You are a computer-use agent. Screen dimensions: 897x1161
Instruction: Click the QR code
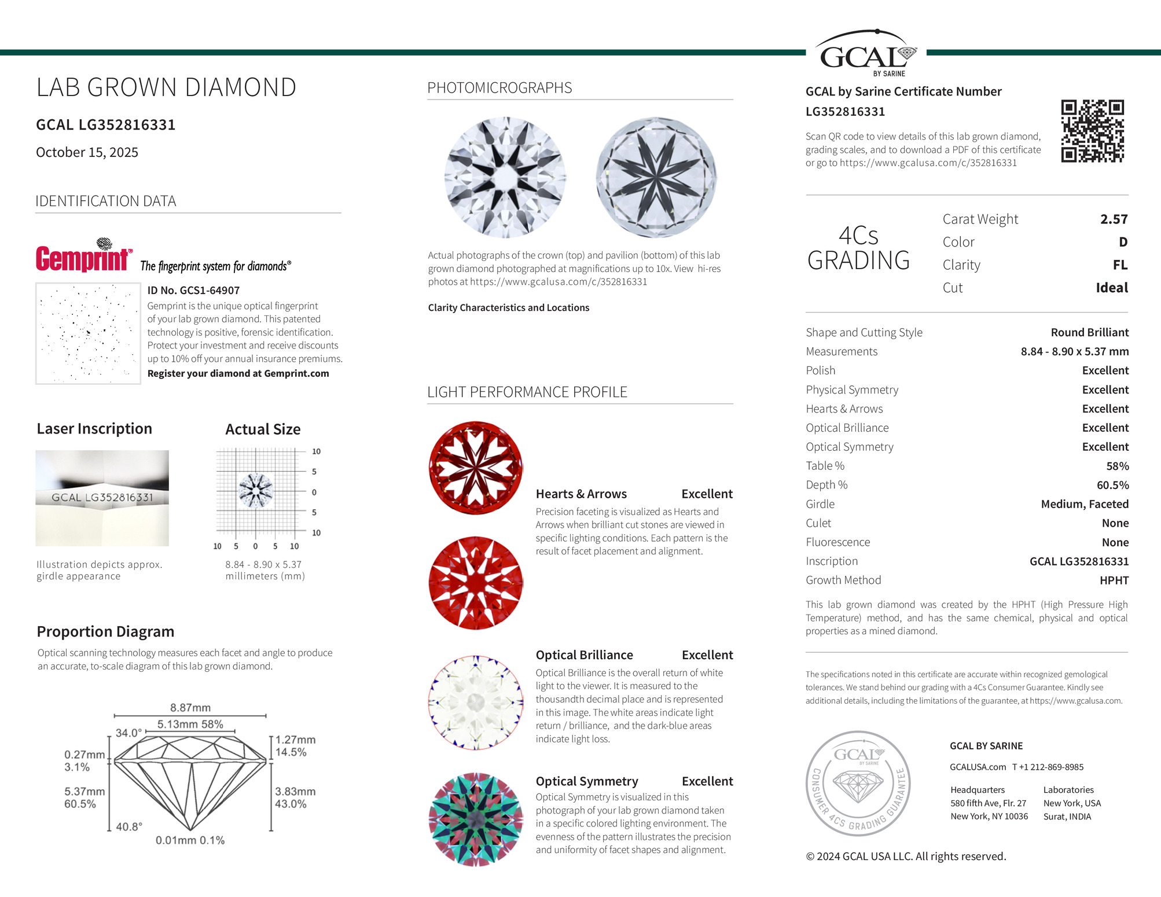click(x=1092, y=131)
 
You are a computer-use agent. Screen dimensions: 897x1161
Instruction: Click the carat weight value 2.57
click(x=1114, y=219)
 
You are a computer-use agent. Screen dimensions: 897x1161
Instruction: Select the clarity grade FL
click(x=1120, y=265)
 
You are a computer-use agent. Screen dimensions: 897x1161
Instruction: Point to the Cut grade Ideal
click(x=1111, y=288)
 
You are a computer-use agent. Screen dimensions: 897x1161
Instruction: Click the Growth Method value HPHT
click(x=1114, y=580)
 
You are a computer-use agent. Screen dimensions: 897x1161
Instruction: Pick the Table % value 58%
click(x=1117, y=466)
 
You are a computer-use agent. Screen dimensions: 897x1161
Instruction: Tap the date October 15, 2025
click(x=87, y=152)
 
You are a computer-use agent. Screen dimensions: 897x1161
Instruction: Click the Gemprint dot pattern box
click(x=88, y=333)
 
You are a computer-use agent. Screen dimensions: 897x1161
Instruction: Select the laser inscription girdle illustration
click(x=102, y=498)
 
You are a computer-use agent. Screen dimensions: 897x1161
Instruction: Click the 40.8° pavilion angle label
click(x=129, y=826)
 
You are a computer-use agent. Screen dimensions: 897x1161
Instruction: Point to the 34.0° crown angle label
click(x=128, y=733)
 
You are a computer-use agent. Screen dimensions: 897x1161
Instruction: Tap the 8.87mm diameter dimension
click(x=190, y=708)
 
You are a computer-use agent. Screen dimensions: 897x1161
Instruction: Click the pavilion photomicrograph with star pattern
click(x=656, y=178)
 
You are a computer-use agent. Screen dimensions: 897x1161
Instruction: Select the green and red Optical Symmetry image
click(x=476, y=819)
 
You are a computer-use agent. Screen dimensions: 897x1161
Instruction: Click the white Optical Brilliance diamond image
click(x=476, y=703)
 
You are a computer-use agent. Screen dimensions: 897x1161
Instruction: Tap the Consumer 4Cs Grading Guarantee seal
click(x=858, y=783)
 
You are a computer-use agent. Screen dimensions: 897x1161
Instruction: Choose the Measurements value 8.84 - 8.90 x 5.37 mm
click(x=1074, y=351)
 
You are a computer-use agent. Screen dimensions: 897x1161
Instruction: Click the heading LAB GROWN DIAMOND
click(x=166, y=87)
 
